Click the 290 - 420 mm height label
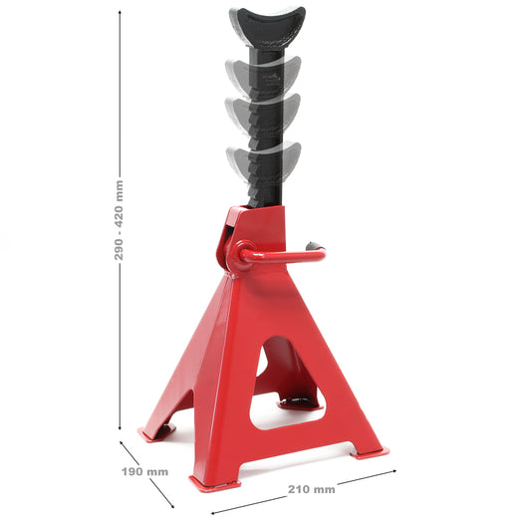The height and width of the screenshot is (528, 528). (x=120, y=220)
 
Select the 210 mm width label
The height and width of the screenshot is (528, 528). (x=311, y=489)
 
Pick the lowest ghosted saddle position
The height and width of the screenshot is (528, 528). (x=263, y=158)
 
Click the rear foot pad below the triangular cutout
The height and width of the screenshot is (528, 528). (x=299, y=402)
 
